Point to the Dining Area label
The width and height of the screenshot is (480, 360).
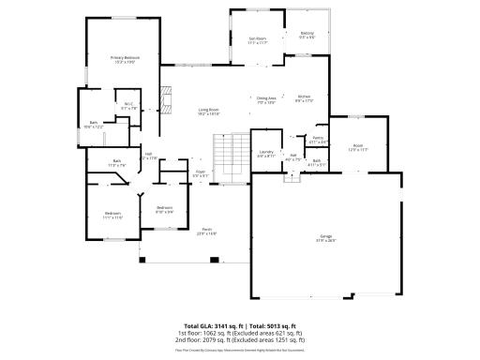coord(266,98)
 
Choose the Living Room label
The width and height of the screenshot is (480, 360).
coord(208,112)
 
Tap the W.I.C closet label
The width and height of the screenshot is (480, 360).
coord(129,106)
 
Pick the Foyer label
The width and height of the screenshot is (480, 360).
coord(201,172)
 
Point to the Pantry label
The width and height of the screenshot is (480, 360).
coord(319,140)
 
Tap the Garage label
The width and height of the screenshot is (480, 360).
coord(325,237)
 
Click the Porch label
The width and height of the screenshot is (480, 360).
coord(206,232)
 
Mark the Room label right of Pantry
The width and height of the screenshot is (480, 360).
coord(357,146)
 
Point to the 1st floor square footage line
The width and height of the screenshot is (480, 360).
coord(239,332)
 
